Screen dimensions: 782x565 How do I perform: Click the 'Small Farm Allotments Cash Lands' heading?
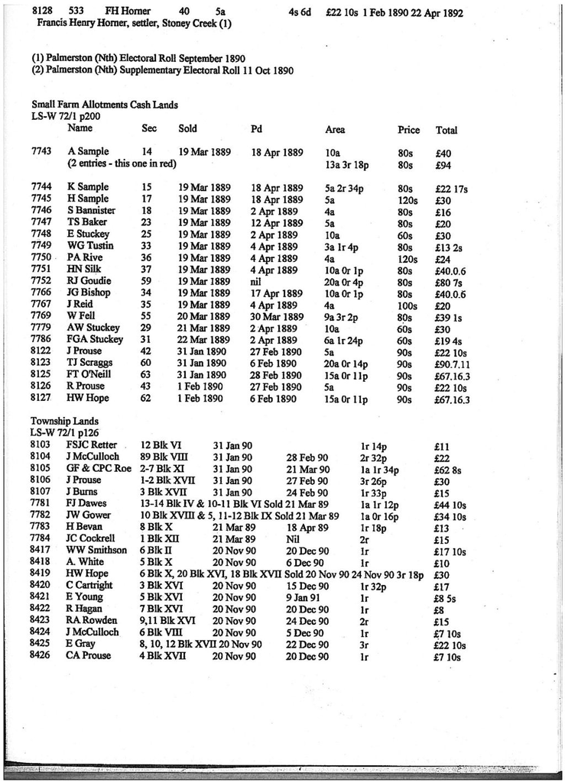pos(105,104)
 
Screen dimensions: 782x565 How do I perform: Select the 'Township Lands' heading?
pos(64,421)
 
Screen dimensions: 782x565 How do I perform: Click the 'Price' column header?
pos(408,130)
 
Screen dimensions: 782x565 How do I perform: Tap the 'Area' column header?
pos(334,130)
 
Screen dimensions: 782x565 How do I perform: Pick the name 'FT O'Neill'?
pos(89,375)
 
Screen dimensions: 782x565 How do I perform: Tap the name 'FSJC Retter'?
pos(92,444)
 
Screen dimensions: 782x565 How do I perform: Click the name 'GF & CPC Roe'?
pos(99,468)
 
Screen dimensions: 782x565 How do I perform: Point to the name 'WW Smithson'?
pos(96,550)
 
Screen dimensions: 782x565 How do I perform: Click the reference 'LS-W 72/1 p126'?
pos(66,432)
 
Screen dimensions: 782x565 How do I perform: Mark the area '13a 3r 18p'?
pos(349,163)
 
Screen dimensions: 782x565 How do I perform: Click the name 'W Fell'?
pos(81,316)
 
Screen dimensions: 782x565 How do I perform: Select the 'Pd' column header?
pos(256,129)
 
